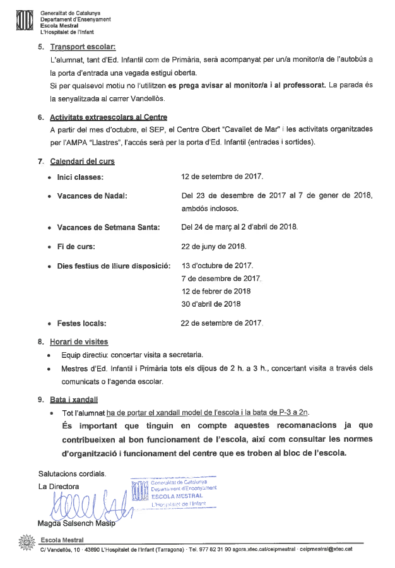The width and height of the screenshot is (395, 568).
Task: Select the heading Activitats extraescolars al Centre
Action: click(109, 117)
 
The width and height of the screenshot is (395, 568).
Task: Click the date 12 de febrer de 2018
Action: click(215, 291)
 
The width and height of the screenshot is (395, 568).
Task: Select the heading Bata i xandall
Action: click(75, 399)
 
